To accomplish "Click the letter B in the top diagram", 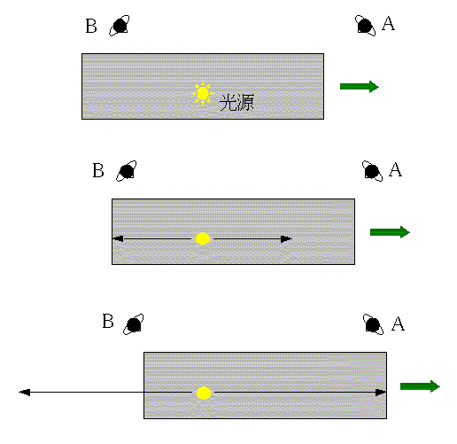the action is click(x=91, y=26).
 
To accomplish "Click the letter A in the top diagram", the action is click(x=388, y=23).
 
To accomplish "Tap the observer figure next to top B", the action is click(x=120, y=26).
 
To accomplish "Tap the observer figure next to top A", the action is click(x=365, y=26).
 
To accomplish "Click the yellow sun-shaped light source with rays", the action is click(x=203, y=94).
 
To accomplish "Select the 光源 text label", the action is click(x=236, y=103).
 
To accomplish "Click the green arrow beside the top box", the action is click(x=360, y=87).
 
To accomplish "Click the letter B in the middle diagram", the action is click(x=98, y=170).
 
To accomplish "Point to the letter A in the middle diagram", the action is click(x=395, y=169).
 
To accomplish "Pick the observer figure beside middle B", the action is click(x=127, y=171).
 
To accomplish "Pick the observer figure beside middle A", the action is click(x=372, y=171).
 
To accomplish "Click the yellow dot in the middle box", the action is click(x=203, y=238).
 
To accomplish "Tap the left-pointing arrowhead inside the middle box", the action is click(x=118, y=238).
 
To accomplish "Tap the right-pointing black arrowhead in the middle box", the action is click(x=286, y=239).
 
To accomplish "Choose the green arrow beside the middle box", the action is click(x=390, y=232).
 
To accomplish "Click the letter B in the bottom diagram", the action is click(x=108, y=321).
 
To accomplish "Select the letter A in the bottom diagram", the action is click(x=398, y=323).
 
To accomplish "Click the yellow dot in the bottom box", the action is click(x=204, y=393).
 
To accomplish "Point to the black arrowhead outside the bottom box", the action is click(x=25, y=393).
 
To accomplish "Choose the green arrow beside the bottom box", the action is click(x=420, y=386).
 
